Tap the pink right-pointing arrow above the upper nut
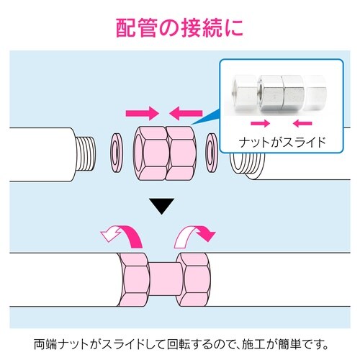tap(141, 112)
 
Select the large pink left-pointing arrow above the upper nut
tap(186, 112)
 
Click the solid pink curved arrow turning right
tap(196, 232)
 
